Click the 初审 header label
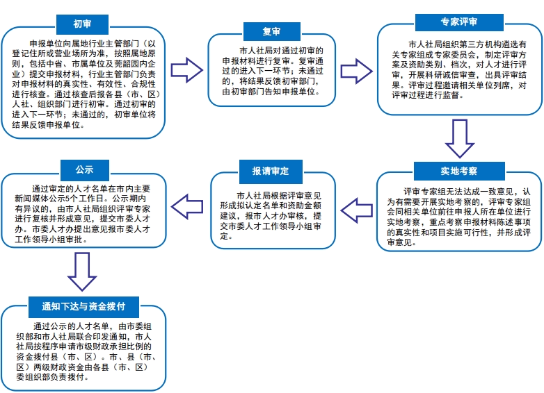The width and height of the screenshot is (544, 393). [82, 24]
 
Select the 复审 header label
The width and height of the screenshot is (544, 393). [272, 31]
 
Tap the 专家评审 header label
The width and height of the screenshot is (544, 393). [459, 22]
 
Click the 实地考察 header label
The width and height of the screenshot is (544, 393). [459, 171]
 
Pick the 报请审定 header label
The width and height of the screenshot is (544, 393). [271, 171]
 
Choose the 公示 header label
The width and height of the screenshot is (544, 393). [85, 169]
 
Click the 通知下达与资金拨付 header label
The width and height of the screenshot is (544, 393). [83, 306]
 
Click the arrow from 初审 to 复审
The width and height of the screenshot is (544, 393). [186, 70]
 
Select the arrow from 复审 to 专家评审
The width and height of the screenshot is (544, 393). [356, 72]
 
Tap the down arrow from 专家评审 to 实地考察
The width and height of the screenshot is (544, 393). [460, 138]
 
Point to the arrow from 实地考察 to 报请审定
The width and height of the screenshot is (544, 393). [357, 210]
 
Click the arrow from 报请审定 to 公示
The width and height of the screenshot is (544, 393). [187, 207]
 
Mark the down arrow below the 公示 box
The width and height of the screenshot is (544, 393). [82, 271]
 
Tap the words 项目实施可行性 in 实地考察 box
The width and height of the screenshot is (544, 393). [459, 233]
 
